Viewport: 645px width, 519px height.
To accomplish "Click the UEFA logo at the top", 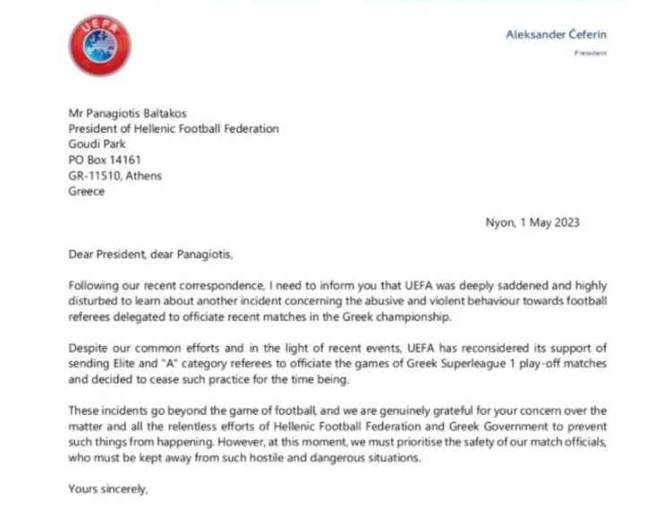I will [99, 49].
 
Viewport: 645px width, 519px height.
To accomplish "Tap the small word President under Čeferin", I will [591, 53].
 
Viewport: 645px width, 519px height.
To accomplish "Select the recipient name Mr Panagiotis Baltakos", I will [128, 113].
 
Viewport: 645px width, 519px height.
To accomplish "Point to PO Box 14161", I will [106, 160].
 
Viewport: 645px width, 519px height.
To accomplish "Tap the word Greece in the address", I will [86, 192].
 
